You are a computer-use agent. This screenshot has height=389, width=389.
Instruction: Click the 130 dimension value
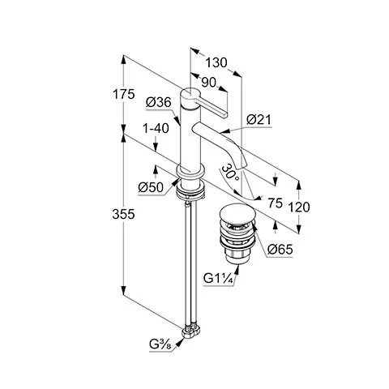pos(216,63)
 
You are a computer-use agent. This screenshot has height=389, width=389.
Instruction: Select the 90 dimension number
pos(209,83)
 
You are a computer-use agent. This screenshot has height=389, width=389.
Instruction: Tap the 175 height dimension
pos(123,95)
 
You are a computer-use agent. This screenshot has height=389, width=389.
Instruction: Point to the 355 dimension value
pos(123,214)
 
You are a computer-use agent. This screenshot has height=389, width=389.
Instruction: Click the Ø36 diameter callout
pos(159,102)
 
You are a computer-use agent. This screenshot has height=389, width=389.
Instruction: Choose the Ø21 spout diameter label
pos(259,119)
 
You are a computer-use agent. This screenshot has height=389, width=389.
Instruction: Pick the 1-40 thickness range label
pos(156,128)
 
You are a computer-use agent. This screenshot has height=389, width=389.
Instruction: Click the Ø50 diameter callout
pos(151,187)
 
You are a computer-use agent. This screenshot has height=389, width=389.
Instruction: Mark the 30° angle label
pos(231,173)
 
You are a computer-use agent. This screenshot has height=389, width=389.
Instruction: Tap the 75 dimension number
pos(276,203)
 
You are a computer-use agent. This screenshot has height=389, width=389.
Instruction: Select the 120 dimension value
pos(299,207)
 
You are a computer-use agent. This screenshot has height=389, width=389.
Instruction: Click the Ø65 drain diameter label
pos(280,250)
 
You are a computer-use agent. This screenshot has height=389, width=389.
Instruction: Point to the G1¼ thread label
pos(218,278)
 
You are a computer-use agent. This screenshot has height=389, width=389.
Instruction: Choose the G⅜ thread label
pos(160,344)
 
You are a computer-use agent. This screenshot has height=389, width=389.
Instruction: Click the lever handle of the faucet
pos(210,107)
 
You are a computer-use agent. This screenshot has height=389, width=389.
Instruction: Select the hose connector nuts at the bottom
pos(191,331)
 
